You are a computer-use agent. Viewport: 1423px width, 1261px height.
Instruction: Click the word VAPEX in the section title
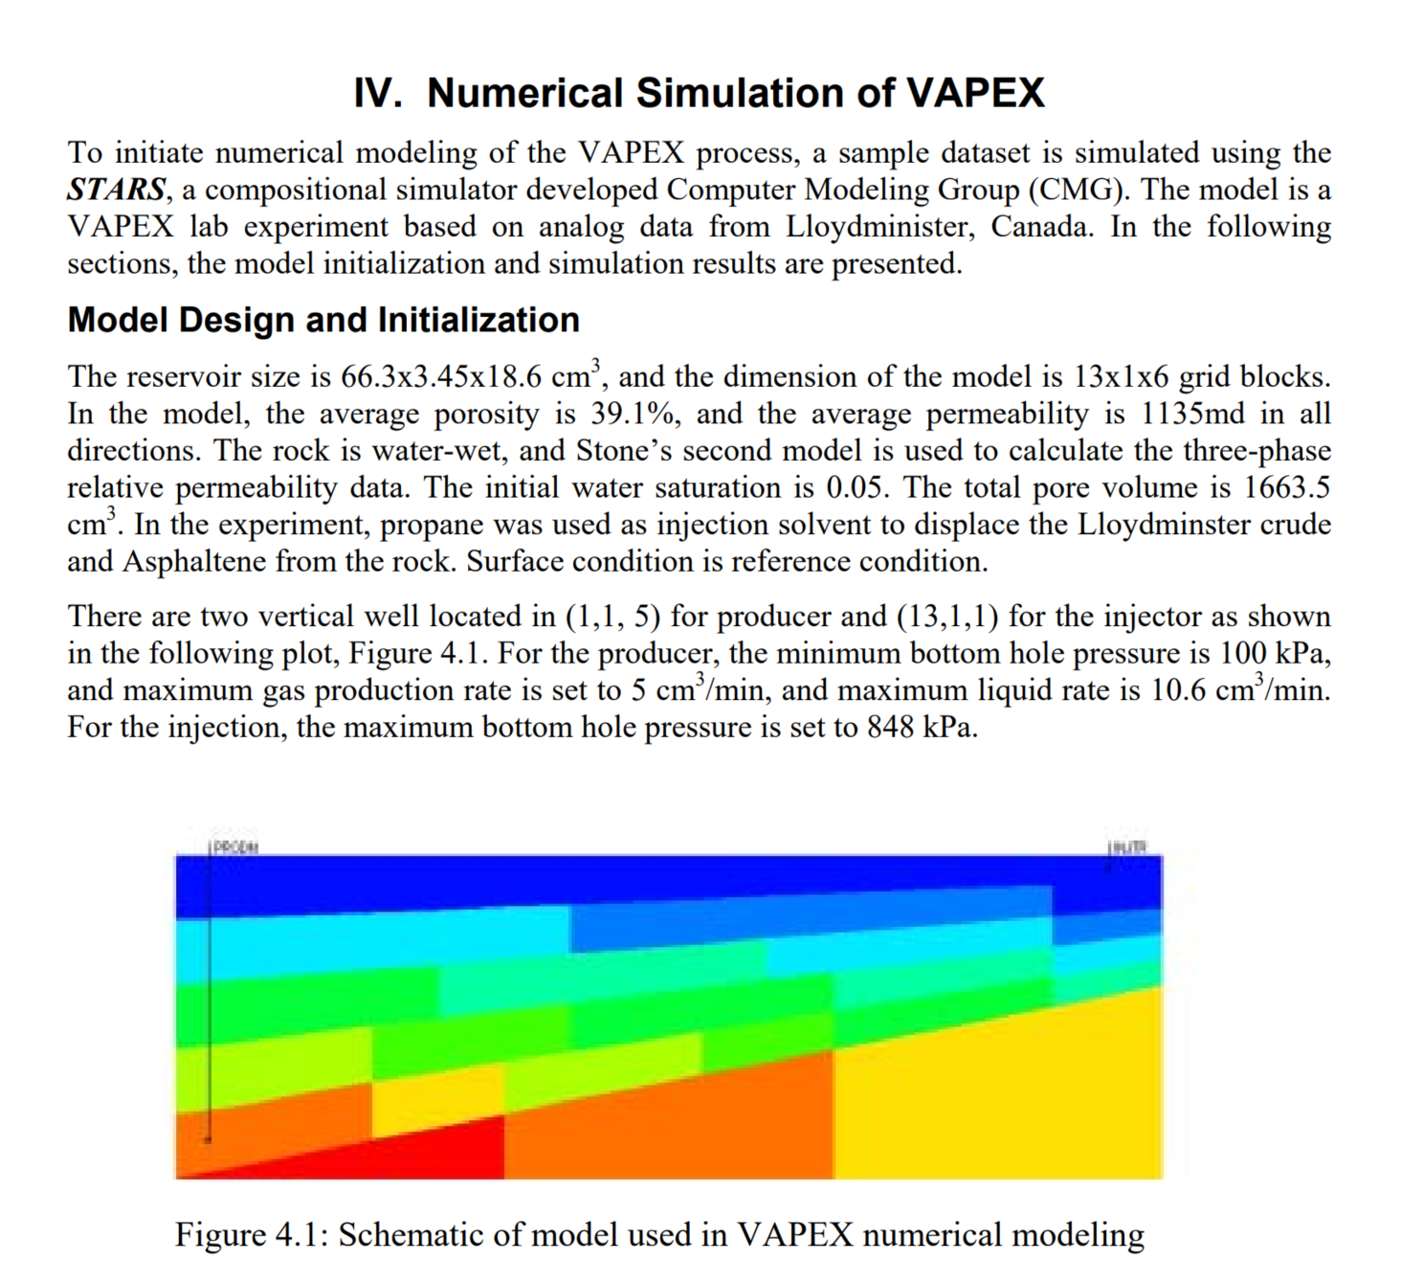click(973, 93)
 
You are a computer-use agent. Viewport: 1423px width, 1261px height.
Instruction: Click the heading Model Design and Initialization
click(323, 320)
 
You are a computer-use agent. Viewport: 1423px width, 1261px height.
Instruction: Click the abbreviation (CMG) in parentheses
click(1079, 190)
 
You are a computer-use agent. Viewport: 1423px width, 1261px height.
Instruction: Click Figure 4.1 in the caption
click(251, 1235)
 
